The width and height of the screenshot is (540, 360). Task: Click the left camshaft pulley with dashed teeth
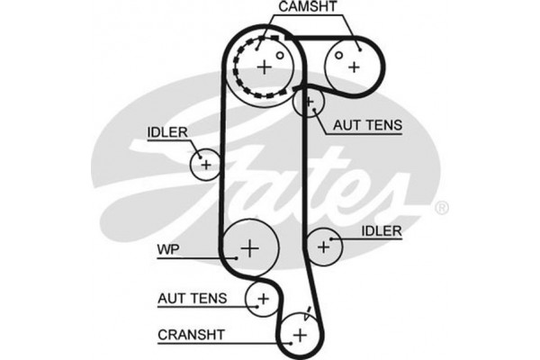pyautogui.click(x=263, y=66)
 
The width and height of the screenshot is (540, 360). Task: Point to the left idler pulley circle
pyautogui.click(x=205, y=164)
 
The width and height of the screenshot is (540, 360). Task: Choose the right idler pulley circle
pyautogui.click(x=324, y=244)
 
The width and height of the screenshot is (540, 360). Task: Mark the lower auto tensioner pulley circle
pyautogui.click(x=263, y=297)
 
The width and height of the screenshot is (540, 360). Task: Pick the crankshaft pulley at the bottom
pyautogui.click(x=299, y=335)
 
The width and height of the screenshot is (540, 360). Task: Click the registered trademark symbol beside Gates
pyautogui.click(x=441, y=209)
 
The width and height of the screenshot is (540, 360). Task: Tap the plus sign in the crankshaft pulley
pyautogui.click(x=299, y=335)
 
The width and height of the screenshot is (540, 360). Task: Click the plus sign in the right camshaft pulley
pyautogui.click(x=354, y=66)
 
